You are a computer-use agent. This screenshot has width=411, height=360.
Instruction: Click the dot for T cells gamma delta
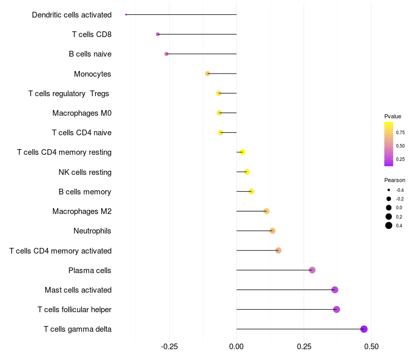click(x=364, y=329)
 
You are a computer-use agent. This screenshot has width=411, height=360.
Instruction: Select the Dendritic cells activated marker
click(x=126, y=14)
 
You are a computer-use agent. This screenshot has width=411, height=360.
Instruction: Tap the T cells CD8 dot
click(x=158, y=34)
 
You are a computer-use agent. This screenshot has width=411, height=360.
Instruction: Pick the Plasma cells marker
click(x=312, y=270)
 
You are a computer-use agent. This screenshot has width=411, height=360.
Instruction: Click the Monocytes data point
click(x=208, y=74)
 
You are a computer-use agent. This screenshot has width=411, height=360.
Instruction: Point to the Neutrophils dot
click(x=272, y=231)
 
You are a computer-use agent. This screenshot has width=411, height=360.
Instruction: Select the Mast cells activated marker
click(x=335, y=290)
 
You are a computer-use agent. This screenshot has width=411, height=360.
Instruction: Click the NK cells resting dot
click(x=247, y=172)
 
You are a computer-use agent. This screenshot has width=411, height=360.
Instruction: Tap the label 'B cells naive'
click(x=90, y=54)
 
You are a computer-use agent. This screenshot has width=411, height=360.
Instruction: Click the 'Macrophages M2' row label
click(x=82, y=211)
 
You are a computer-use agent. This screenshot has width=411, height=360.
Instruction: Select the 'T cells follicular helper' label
click(x=74, y=310)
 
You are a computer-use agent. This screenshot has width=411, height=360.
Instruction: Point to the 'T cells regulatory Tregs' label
click(x=69, y=94)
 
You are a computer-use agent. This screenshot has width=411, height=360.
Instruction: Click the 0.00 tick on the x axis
click(x=236, y=347)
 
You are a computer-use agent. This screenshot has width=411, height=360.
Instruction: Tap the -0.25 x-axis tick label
click(x=169, y=347)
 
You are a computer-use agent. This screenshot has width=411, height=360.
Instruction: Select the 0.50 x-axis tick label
click(x=371, y=347)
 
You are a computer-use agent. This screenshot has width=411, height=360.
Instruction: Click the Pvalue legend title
click(x=393, y=116)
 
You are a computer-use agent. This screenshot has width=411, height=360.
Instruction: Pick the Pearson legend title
click(x=395, y=180)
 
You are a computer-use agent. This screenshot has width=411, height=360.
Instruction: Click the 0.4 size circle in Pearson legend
click(x=389, y=225)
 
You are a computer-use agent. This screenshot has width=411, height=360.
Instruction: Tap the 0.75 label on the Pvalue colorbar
click(x=400, y=132)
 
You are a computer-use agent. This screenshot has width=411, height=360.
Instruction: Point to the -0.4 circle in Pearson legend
click(x=389, y=190)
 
